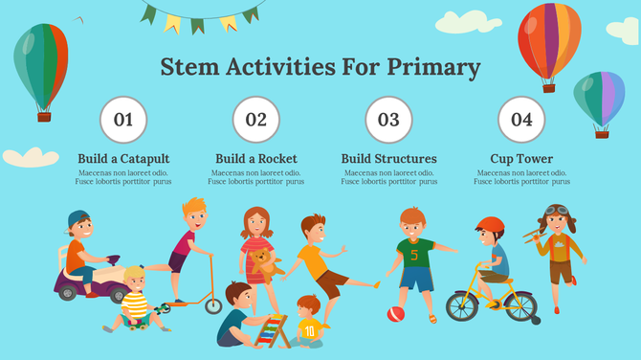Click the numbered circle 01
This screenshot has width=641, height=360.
[123, 120]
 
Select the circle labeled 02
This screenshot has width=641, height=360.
[256, 120]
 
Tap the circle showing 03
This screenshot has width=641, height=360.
[388, 120]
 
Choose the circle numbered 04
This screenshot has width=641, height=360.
[521, 120]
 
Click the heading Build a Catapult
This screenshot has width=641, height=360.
[123, 159]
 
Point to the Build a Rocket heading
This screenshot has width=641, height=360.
[256, 159]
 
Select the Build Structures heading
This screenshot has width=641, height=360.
[388, 159]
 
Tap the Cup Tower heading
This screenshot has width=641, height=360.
[521, 159]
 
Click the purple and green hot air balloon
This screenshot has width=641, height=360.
[599, 99]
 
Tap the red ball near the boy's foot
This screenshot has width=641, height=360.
[395, 314]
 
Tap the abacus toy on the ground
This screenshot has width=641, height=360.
[276, 330]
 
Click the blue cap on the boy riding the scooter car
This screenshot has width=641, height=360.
[78, 219]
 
